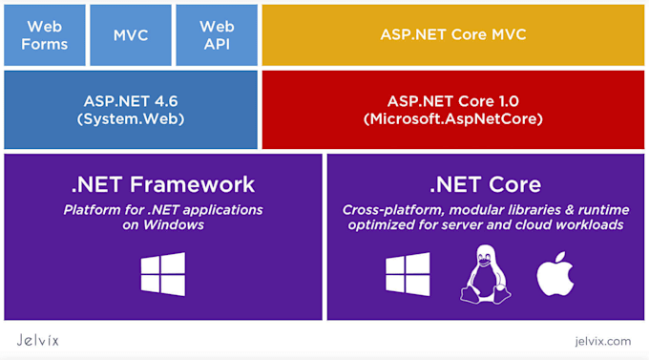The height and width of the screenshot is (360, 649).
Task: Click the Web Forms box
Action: [45, 34]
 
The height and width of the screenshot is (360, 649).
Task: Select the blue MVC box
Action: [131, 34]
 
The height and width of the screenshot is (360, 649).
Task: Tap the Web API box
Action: [218, 34]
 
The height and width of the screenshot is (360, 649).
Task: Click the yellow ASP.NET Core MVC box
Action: [453, 34]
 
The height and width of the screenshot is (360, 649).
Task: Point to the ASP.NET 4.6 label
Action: [131, 100]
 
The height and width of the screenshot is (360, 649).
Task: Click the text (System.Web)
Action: [131, 118]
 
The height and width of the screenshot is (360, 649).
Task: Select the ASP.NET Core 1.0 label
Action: [452, 100]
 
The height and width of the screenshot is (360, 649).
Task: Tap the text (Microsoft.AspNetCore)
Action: [452, 118]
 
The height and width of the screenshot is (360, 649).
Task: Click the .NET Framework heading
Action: [163, 184]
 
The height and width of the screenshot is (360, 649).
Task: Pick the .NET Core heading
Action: [485, 184]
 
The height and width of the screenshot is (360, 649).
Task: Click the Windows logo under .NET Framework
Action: [163, 274]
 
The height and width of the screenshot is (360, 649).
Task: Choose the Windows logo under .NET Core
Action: [408, 274]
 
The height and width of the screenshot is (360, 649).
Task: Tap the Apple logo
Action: [555, 273]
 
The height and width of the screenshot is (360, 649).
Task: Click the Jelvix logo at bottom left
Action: [38, 340]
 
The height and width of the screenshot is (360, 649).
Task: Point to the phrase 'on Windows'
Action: [163, 225]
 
